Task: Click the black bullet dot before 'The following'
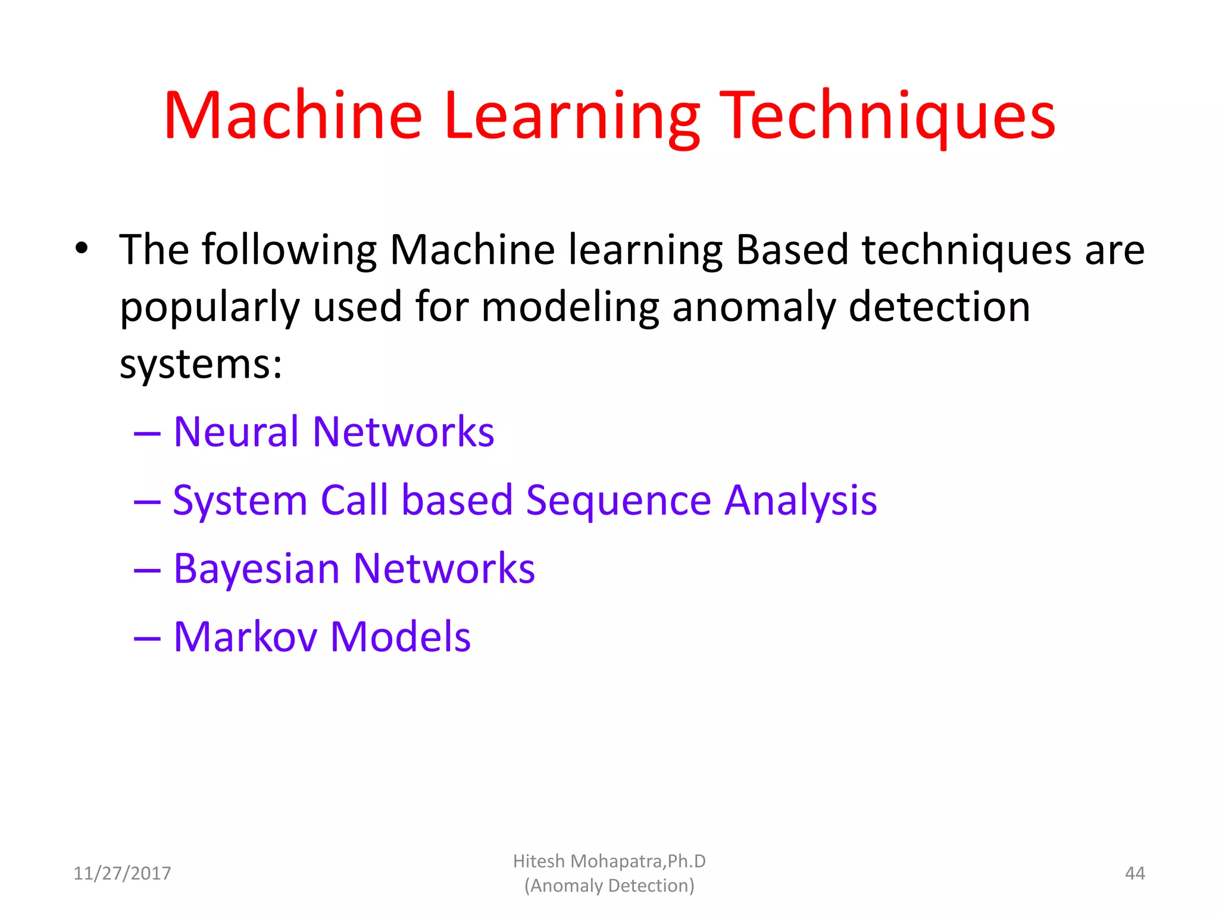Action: pyautogui.click(x=82, y=248)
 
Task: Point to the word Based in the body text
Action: pyautogui.click(x=792, y=250)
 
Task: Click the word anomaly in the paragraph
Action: pyautogui.click(x=754, y=307)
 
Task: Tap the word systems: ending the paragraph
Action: pyautogui.click(x=201, y=364)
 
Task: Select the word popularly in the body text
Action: pyautogui.click(x=210, y=307)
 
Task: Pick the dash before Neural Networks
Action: pyautogui.click(x=147, y=433)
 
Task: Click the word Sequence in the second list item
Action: pyautogui.click(x=618, y=500)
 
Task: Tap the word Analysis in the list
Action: pyautogui.click(x=801, y=500)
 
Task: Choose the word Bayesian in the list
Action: pyautogui.click(x=257, y=569)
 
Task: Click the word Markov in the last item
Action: pyautogui.click(x=245, y=637)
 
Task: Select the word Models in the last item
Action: pyautogui.click(x=401, y=637)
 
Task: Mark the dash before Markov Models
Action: pyautogui.click(x=147, y=639)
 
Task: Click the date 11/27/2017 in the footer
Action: pyautogui.click(x=122, y=873)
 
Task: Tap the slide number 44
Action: pyautogui.click(x=1134, y=873)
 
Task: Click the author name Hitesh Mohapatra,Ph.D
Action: pyautogui.click(x=609, y=861)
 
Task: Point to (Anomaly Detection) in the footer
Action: pyautogui.click(x=609, y=886)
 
